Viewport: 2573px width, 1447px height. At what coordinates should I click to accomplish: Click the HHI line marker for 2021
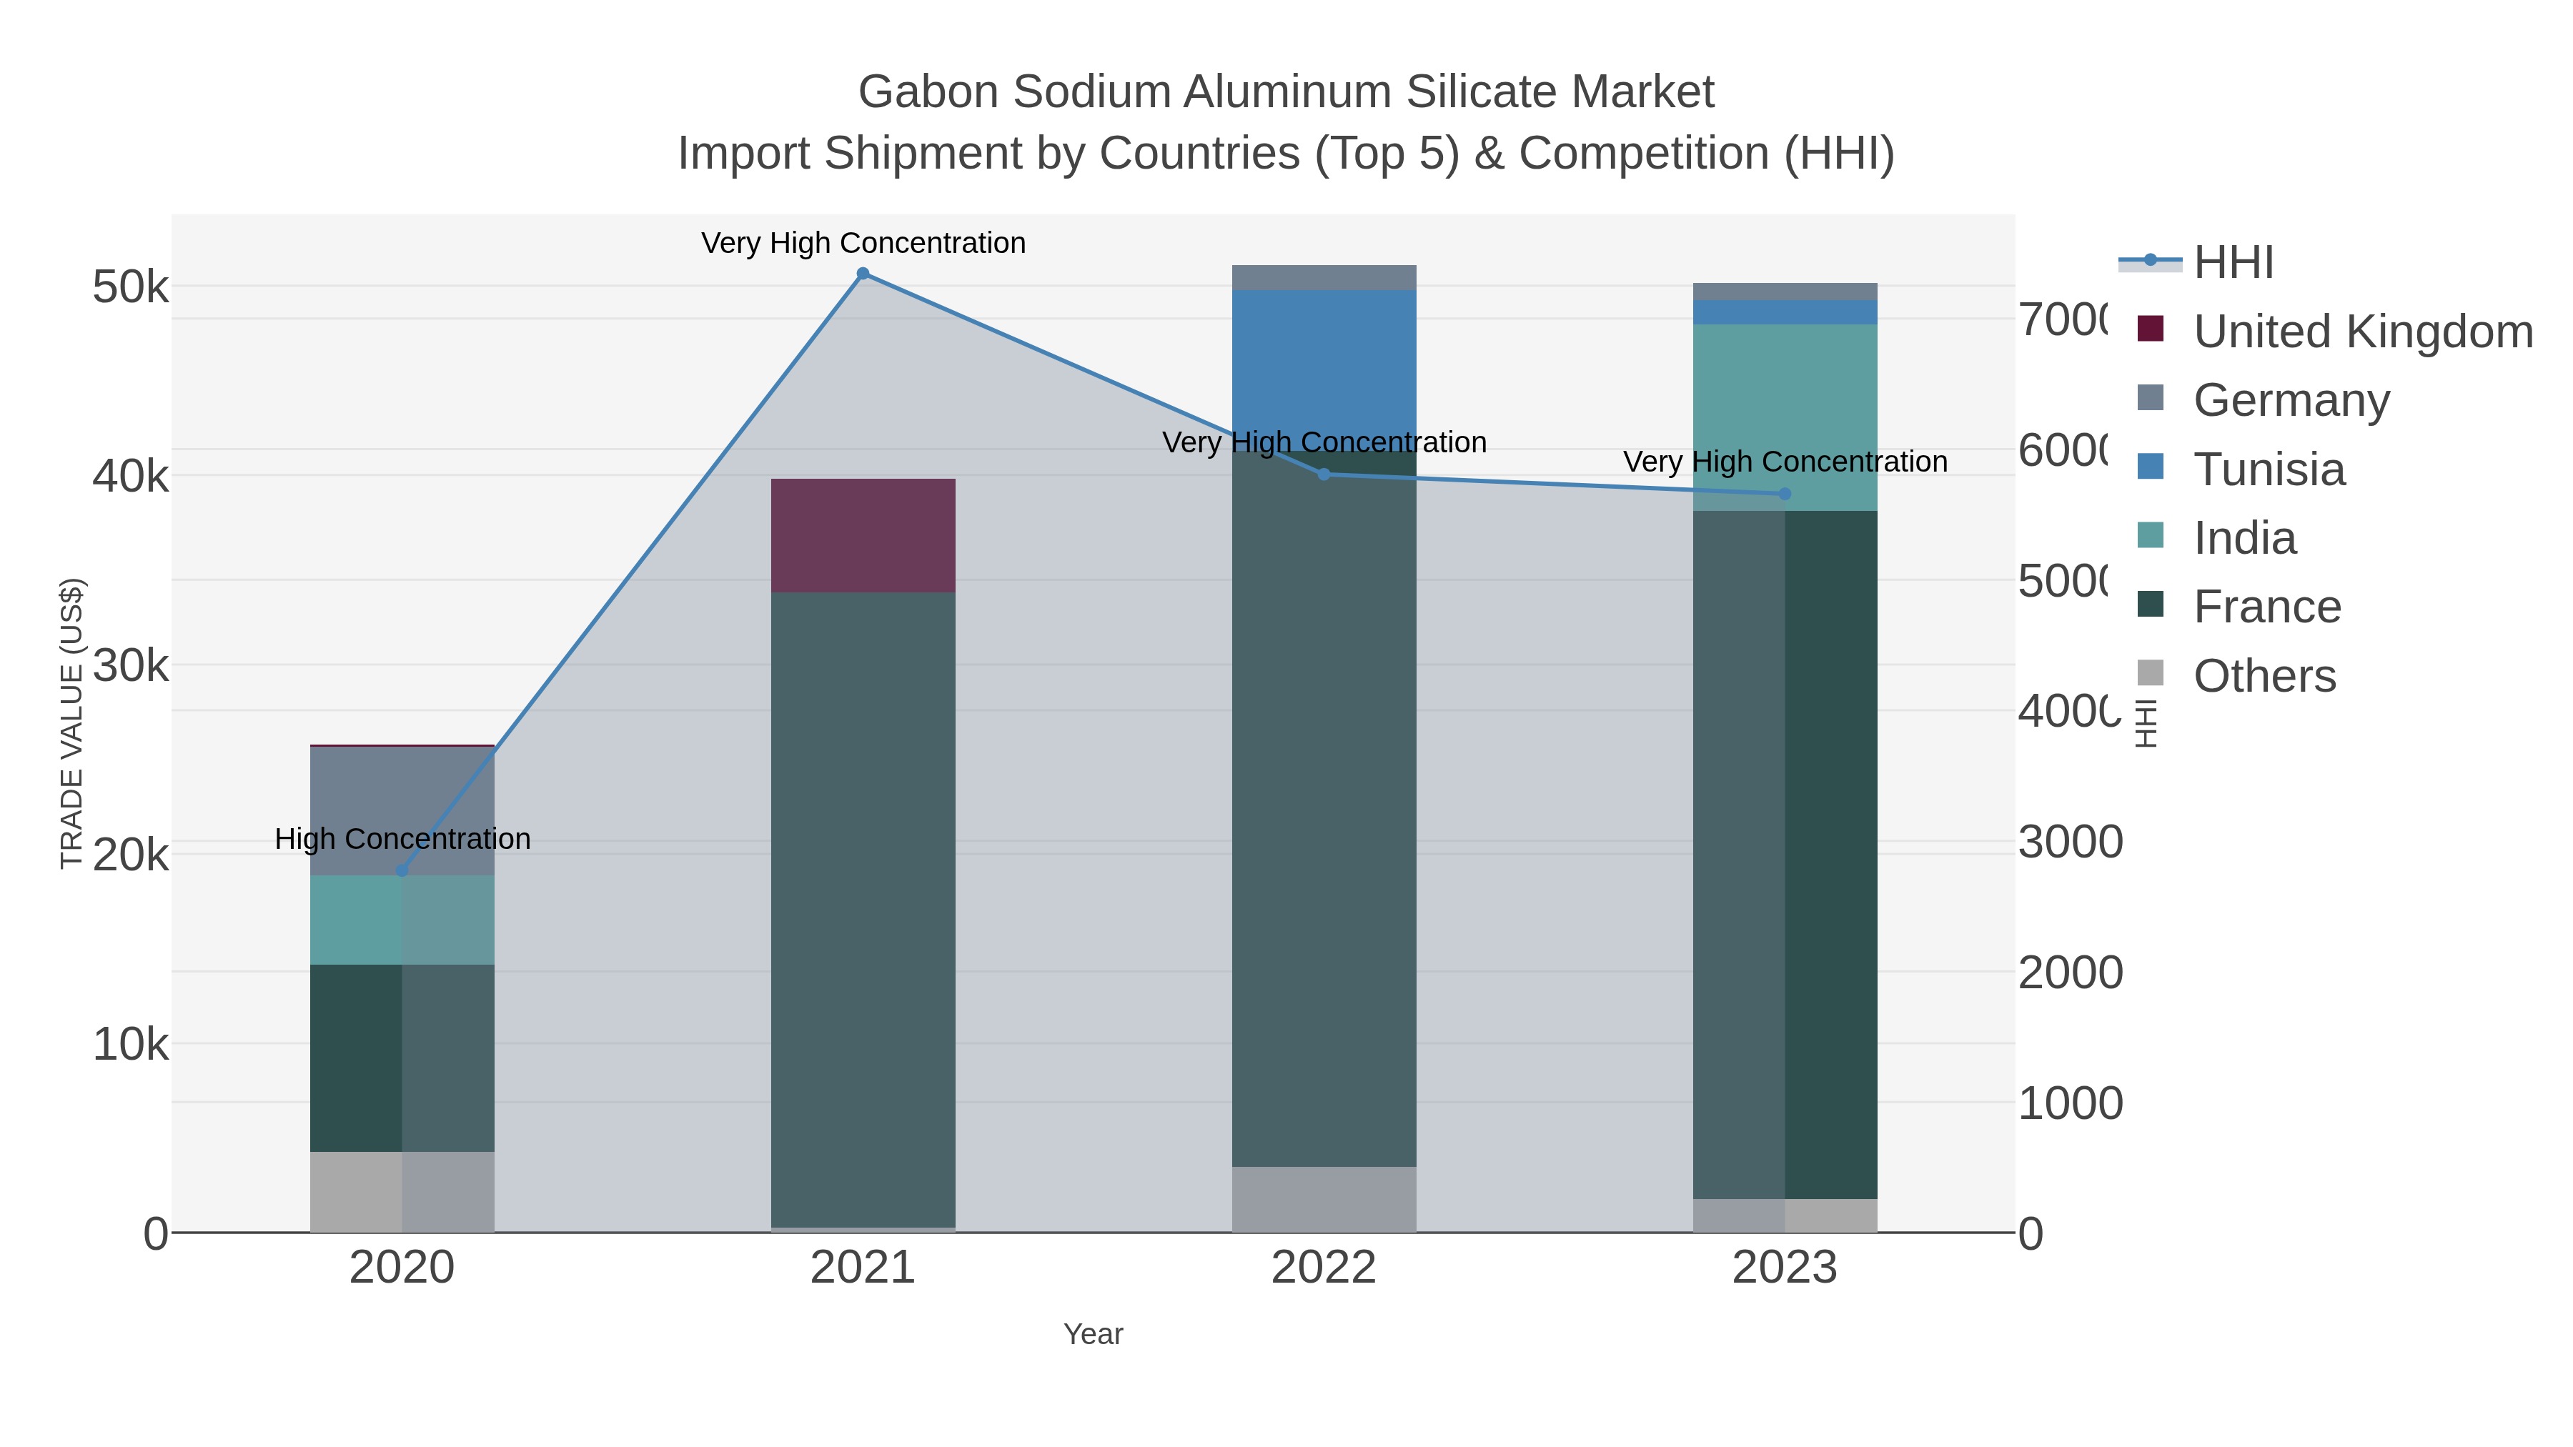tap(863, 274)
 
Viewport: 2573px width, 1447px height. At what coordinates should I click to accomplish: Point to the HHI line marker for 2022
tap(1324, 474)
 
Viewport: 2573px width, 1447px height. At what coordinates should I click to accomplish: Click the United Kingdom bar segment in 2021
tap(863, 535)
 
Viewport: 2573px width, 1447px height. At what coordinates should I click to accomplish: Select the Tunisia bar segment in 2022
tap(1324, 369)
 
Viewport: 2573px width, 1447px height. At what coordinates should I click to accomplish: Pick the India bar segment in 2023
tap(1785, 417)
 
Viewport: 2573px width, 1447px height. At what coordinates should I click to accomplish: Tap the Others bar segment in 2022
tap(1324, 1198)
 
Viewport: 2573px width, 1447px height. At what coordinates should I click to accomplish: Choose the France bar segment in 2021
tap(863, 909)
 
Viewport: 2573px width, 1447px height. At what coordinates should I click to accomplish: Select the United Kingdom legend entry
tap(2362, 332)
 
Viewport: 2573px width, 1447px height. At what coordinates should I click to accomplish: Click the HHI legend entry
tap(2234, 263)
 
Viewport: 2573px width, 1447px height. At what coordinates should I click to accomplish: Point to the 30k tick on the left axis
tap(130, 666)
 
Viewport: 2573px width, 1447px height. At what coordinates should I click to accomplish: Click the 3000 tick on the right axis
tap(2070, 842)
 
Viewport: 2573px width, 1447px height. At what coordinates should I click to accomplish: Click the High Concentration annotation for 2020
tap(402, 839)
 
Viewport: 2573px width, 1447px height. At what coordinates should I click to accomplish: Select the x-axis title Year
tap(1093, 1334)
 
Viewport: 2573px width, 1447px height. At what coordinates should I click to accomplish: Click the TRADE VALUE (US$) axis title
tap(72, 723)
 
